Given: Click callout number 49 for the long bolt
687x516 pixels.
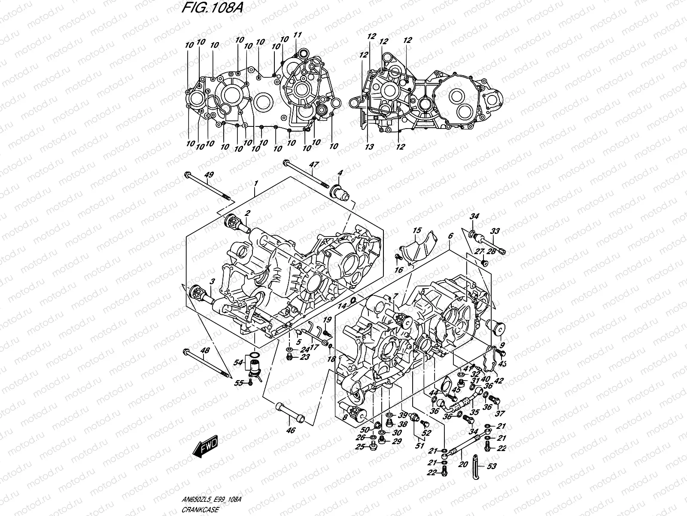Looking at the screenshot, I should click(209, 175).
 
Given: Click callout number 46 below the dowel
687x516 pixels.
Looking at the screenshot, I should click(291, 430).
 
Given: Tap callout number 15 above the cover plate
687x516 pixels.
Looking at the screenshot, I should click(416, 231).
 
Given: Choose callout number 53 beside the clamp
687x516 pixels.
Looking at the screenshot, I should click(491, 466).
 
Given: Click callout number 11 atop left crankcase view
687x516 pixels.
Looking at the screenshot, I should click(297, 35).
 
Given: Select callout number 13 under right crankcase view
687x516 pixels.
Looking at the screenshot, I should click(369, 147).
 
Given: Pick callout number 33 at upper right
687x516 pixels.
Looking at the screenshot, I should click(495, 231).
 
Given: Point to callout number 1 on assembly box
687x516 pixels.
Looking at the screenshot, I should click(255, 184).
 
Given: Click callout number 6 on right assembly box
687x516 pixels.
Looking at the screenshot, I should click(450, 236).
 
